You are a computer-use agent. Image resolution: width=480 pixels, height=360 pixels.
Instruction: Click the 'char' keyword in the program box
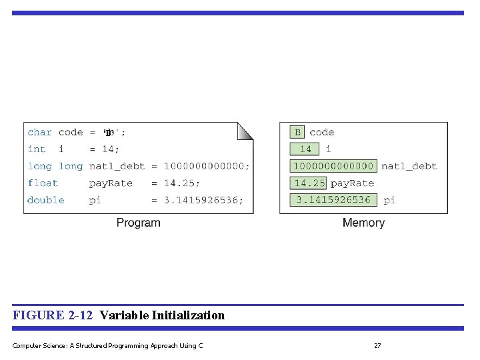[39, 133]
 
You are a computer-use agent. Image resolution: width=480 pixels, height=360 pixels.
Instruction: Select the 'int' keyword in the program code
[37, 149]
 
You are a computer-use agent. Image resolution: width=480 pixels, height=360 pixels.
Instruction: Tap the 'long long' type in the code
[55, 166]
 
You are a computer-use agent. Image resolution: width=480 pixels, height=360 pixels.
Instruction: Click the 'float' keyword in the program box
[43, 183]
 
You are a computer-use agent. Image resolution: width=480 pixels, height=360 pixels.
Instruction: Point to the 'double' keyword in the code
[46, 200]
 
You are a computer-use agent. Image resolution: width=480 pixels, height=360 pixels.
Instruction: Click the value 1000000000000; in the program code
[207, 166]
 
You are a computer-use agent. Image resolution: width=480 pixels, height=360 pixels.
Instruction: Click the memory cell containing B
[297, 133]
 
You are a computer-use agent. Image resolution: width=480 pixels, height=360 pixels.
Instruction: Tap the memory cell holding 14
[305, 149]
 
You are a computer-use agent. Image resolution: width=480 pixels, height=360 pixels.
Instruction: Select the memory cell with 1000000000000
[333, 166]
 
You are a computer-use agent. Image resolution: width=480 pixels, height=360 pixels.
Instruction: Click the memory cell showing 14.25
[309, 183]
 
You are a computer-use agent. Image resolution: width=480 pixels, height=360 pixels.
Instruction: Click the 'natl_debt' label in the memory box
[409, 166]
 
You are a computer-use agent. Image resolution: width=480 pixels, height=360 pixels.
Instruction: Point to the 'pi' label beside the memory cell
[389, 200]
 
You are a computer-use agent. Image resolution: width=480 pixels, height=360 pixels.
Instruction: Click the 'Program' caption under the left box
[138, 223]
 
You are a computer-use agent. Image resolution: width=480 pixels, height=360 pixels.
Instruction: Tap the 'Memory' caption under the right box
[363, 223]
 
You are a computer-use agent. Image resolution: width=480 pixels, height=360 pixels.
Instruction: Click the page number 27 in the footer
[377, 345]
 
